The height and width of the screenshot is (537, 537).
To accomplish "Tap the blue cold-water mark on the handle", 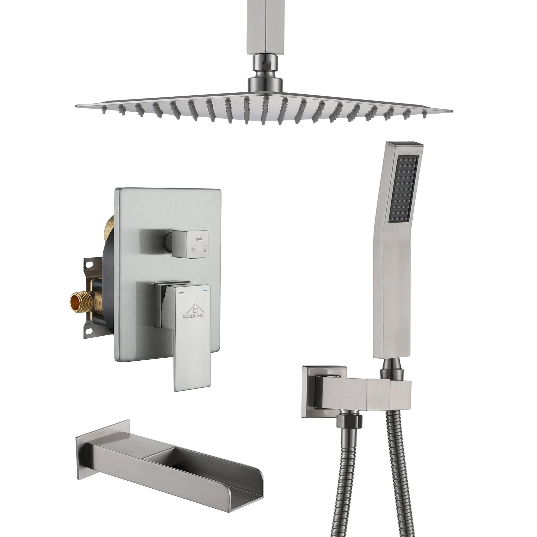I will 205,291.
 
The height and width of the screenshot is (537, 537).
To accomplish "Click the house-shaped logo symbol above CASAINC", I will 194,308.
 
